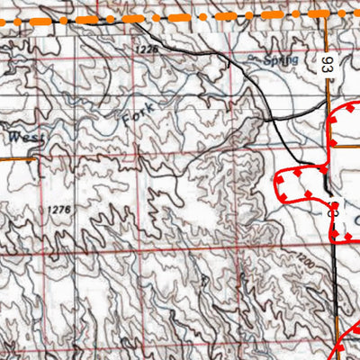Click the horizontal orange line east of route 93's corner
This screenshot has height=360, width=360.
pyautogui.click(x=346, y=86)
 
